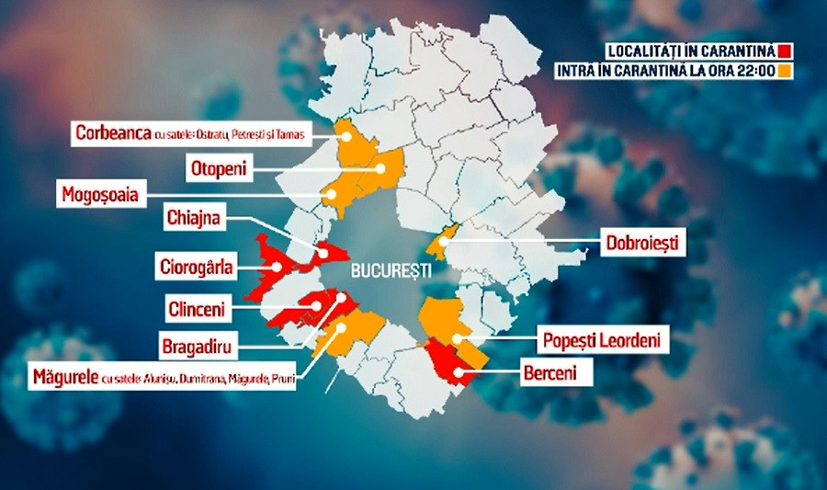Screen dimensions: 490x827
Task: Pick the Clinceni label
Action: [198, 308]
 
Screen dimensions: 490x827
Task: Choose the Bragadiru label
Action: [194, 348]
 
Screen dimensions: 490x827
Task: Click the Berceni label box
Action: [560, 372]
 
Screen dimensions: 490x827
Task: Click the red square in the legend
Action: [785, 50]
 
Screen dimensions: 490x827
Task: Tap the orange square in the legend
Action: [785, 70]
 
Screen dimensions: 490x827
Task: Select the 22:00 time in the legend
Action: [756, 70]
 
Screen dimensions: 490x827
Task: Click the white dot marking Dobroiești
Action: [443, 242]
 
